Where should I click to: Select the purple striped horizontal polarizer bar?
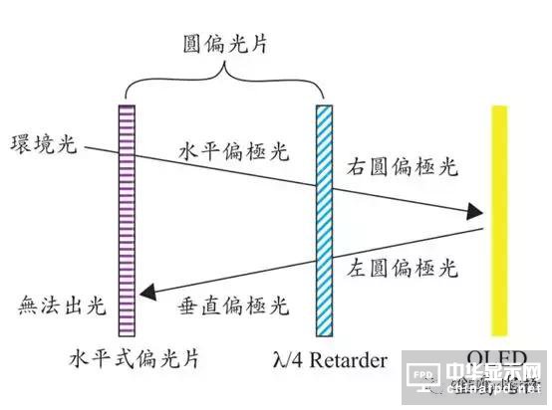point(127,219)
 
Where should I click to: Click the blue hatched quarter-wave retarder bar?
point(325,219)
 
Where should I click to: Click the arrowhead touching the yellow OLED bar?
point(475,212)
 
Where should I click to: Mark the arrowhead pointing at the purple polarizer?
point(149,292)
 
